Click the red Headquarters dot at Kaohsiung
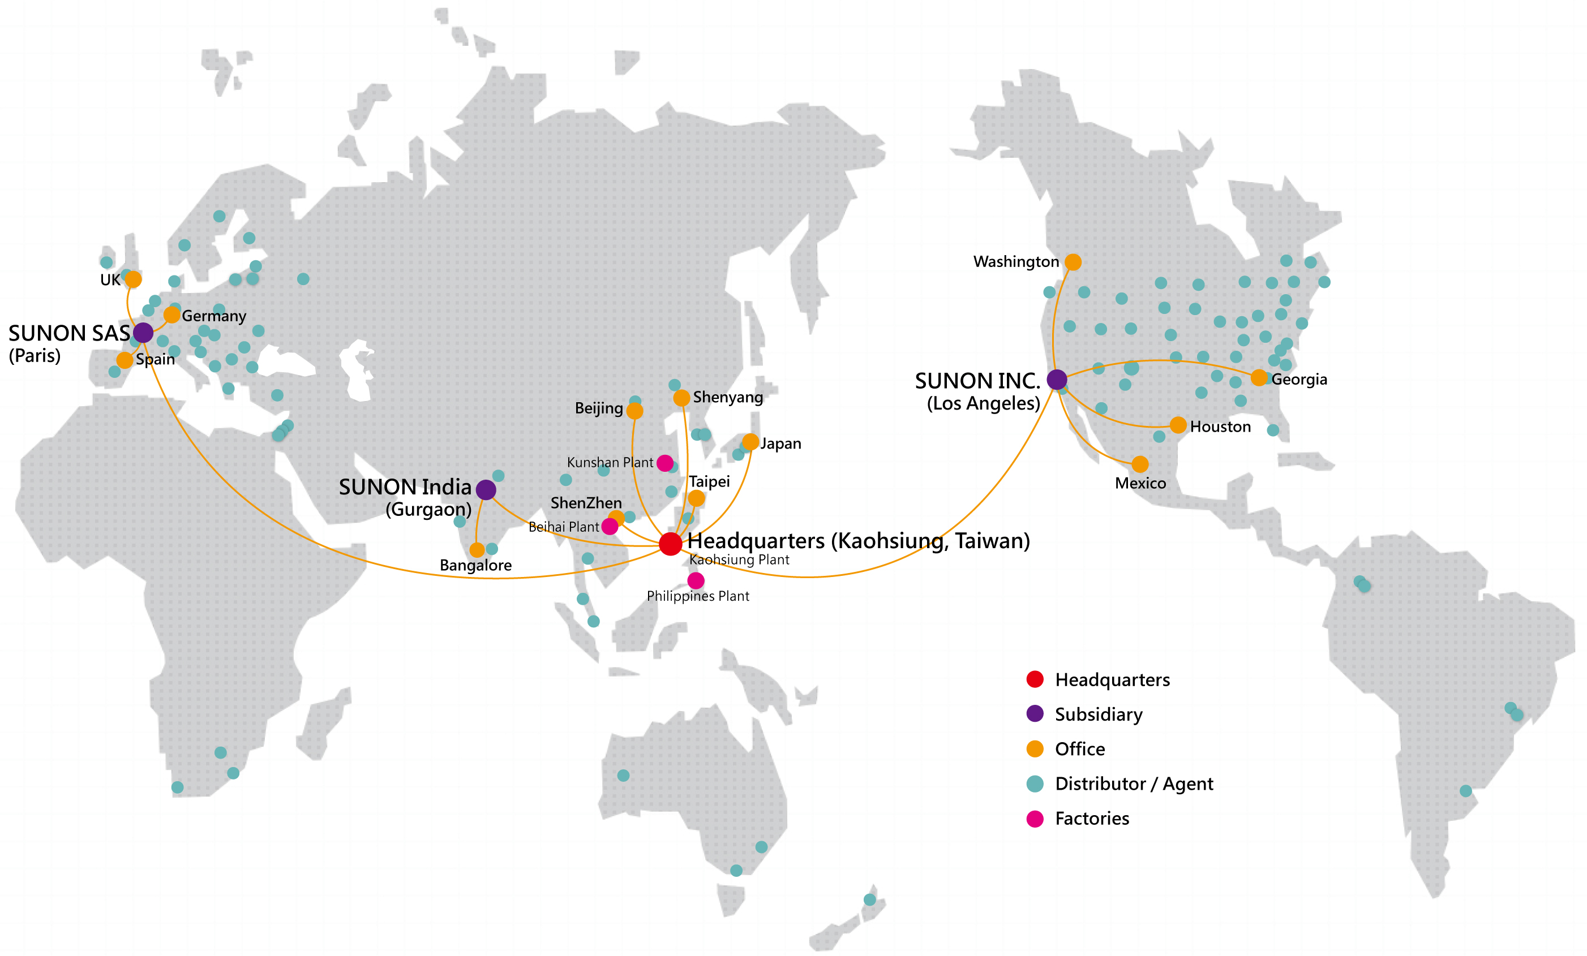click(670, 544)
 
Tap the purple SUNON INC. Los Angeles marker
click(1057, 380)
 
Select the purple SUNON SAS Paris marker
click(143, 333)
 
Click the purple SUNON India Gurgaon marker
click(486, 490)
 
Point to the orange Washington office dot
click(1073, 262)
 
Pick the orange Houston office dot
click(1178, 425)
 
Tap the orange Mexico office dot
click(1140, 464)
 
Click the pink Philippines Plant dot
click(696, 581)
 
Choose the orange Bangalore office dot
click(477, 550)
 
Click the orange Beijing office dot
click(635, 411)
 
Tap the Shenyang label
click(728, 397)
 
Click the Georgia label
click(1299, 380)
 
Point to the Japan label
click(780, 443)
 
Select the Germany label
click(214, 316)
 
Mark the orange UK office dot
click(134, 279)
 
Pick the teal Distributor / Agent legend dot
click(1035, 783)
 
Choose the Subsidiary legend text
click(1099, 714)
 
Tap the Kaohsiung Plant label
click(739, 560)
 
